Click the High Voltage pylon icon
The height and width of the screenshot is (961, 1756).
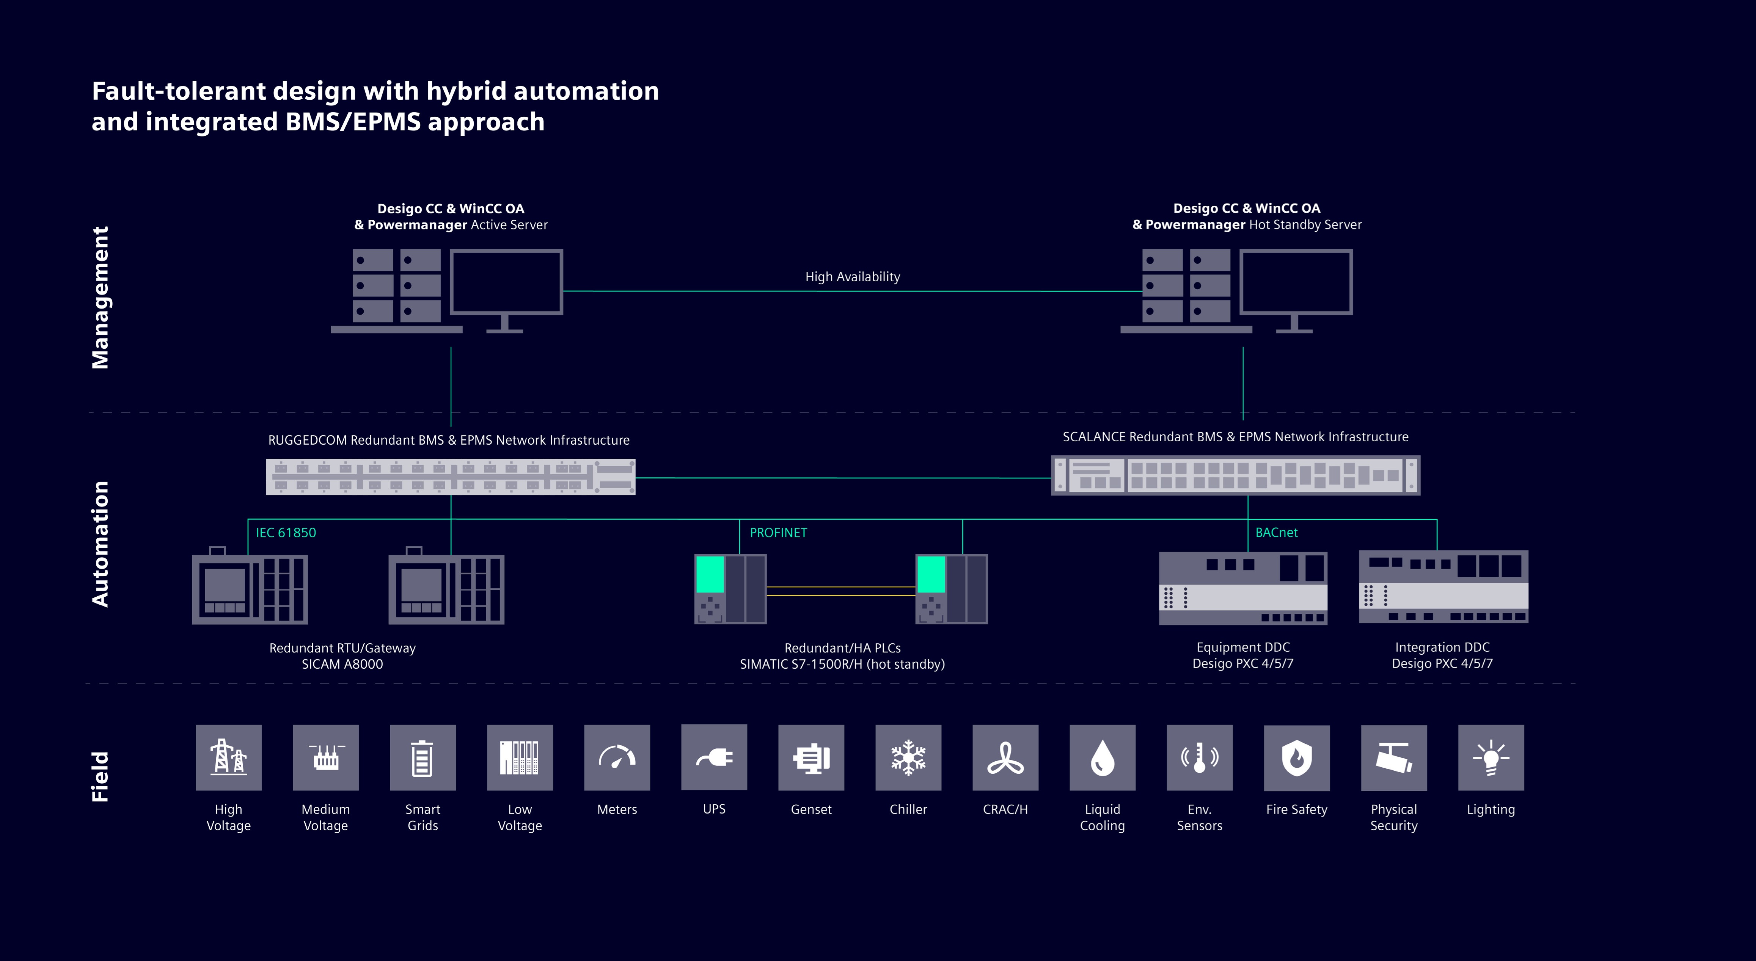(x=228, y=757)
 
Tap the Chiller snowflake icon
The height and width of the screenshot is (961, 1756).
(x=908, y=757)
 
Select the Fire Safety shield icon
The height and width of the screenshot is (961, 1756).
(x=1297, y=757)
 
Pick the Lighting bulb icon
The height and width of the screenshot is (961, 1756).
(x=1491, y=757)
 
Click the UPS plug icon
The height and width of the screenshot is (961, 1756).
(x=714, y=757)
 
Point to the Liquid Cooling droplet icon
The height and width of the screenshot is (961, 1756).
(x=1102, y=757)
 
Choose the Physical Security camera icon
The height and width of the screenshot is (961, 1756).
(x=1394, y=757)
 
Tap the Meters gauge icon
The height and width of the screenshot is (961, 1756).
(x=617, y=757)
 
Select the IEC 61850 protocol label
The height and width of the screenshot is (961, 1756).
(x=286, y=532)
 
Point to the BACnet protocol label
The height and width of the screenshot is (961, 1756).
(x=1276, y=532)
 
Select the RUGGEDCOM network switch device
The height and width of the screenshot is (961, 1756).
(x=451, y=477)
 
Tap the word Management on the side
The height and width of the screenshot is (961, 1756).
(x=100, y=298)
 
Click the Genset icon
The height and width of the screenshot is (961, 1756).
(x=811, y=757)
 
